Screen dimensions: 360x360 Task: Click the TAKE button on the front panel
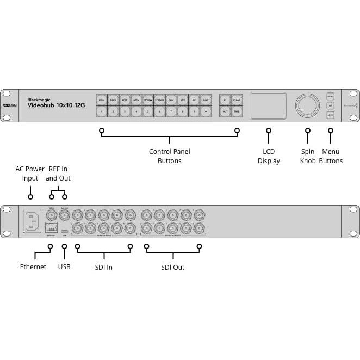coord(237,111)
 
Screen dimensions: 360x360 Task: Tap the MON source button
coord(101,100)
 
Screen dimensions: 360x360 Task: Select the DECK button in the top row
coord(113,100)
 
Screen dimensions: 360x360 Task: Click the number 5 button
coord(148,111)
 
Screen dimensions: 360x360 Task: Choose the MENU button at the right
coord(330,96)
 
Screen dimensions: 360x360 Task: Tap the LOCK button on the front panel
coord(330,115)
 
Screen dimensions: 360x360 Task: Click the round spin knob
coord(308,104)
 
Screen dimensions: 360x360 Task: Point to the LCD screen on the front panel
coord(268,105)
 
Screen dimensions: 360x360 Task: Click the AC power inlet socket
coord(32,221)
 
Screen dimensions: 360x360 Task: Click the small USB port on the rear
coord(65,231)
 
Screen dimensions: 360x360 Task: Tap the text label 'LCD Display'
coord(269,156)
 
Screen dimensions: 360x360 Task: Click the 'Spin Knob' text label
coord(308,156)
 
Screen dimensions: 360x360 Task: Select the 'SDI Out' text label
coord(173,267)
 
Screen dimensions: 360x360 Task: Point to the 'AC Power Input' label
coord(30,173)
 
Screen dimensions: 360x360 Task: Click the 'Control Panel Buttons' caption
coord(170,156)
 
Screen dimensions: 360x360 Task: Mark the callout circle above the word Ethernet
coord(50,246)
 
